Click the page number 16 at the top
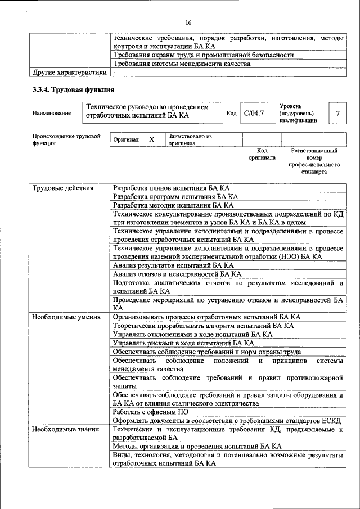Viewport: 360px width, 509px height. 188,22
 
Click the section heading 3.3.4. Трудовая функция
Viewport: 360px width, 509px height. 73,90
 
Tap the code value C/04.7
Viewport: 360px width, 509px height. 254,114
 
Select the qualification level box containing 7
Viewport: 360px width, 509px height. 337,114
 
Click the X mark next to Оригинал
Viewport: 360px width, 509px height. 151,139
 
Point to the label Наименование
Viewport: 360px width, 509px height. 52,114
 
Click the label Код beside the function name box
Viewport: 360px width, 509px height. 231,114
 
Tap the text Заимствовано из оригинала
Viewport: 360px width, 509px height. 190,139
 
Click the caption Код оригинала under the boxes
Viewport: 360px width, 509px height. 262,155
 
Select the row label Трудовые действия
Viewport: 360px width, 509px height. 62,188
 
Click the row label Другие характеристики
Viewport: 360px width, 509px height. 69,73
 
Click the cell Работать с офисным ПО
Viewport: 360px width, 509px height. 151,412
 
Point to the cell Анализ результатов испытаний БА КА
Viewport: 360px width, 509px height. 173,265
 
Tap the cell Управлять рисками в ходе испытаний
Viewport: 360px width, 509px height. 183,343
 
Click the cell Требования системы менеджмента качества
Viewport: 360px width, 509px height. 181,64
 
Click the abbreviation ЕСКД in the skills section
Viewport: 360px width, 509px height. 332,421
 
